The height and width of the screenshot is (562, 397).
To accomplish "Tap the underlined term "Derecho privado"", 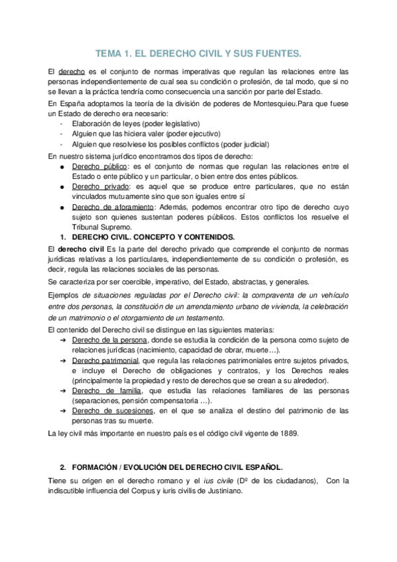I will click(x=96, y=186).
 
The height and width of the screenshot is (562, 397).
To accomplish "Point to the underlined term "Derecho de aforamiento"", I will click(x=111, y=207).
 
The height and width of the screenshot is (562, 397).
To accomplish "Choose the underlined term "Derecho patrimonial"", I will click(x=101, y=360).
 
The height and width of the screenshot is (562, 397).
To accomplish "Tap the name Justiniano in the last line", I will click(x=221, y=491).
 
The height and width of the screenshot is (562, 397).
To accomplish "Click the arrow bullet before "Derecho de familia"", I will click(x=62, y=390).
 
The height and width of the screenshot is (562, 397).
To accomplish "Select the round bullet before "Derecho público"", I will click(x=62, y=166).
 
